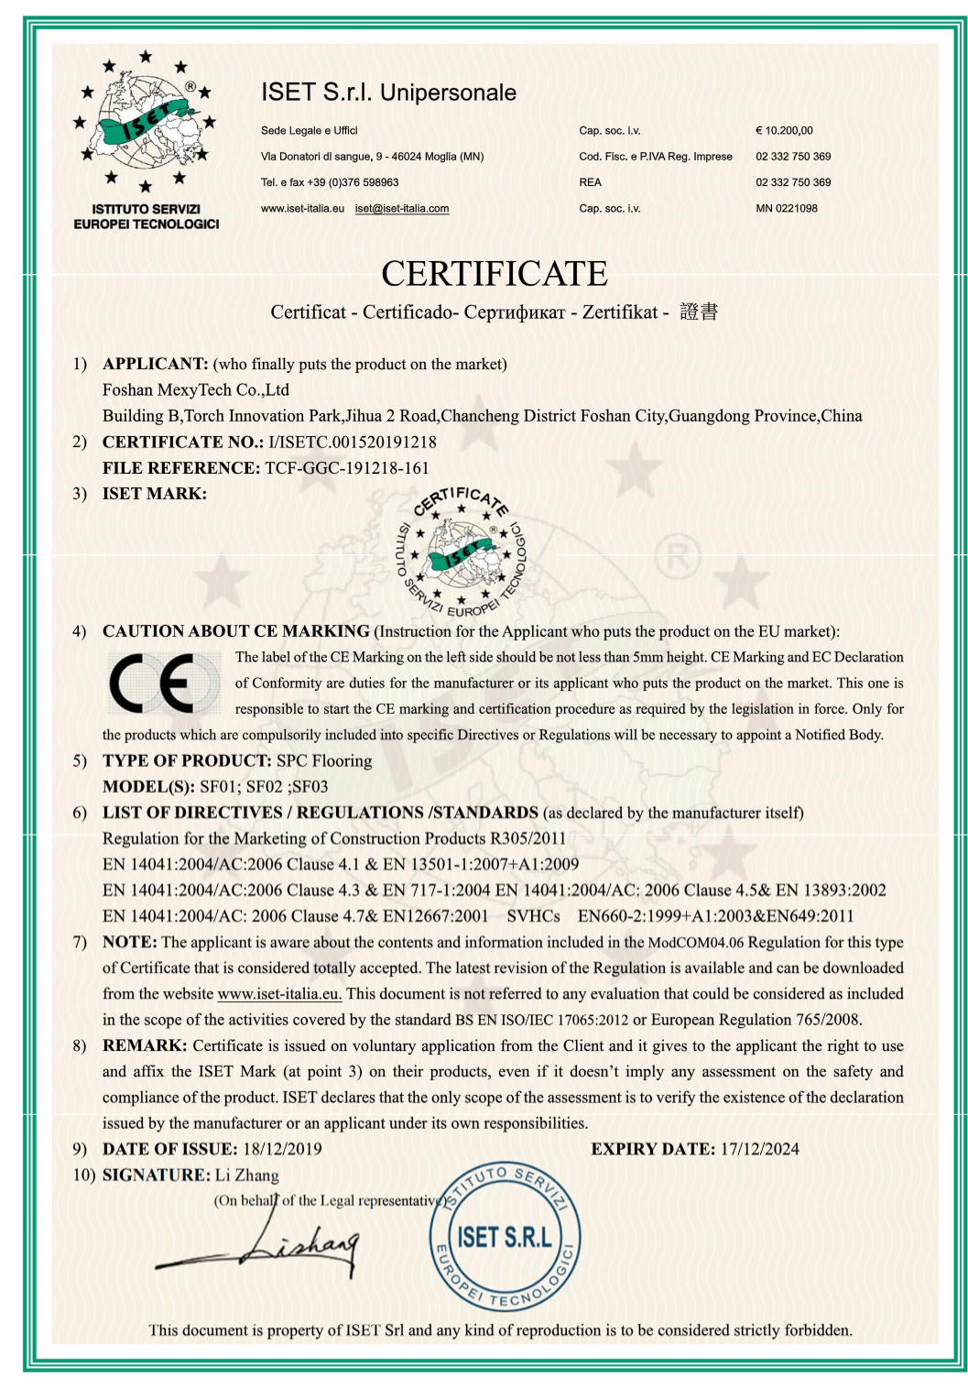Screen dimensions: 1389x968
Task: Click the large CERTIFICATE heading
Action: point(494,273)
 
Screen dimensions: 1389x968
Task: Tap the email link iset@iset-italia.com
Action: point(402,209)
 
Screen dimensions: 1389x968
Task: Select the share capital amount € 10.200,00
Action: point(784,131)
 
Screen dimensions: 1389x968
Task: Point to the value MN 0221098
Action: point(787,209)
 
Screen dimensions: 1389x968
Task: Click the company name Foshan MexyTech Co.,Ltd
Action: point(196,390)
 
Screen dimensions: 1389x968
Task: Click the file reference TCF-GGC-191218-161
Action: point(347,468)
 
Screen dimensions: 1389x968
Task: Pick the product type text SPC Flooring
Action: point(324,760)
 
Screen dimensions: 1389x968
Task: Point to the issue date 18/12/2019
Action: point(282,1149)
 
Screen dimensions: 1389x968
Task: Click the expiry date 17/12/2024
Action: point(759,1149)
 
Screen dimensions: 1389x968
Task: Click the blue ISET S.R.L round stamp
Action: point(505,1238)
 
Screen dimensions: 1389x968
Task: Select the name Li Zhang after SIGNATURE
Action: point(247,1176)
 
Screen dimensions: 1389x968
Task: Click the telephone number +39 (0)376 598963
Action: point(353,182)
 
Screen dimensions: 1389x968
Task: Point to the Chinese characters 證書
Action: point(699,312)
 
